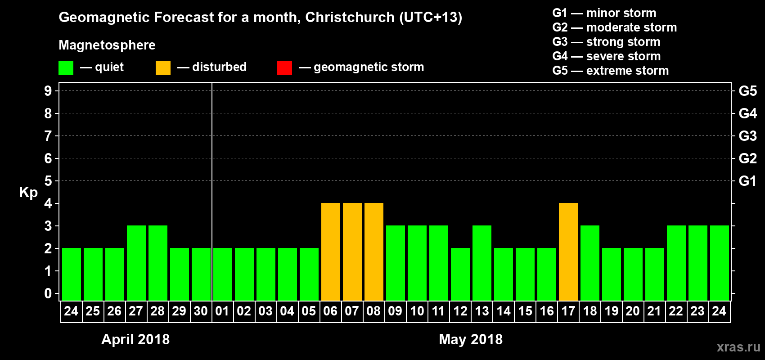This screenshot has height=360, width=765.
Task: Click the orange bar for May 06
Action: [x=331, y=252]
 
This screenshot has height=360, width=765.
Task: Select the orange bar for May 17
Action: [x=568, y=252]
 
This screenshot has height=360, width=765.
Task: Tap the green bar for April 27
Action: [x=136, y=263]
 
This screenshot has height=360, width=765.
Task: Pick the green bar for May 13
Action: [x=482, y=263]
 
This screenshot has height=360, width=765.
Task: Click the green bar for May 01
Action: [x=223, y=274]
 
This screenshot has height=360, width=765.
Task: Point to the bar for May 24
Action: [x=720, y=263]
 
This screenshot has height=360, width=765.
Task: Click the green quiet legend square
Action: [x=66, y=68]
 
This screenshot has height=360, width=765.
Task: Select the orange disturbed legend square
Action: [x=163, y=68]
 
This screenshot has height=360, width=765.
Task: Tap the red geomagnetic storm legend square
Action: [x=284, y=68]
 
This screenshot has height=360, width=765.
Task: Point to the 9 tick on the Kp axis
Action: [x=48, y=91]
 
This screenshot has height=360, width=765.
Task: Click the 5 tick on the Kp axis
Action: [x=48, y=181]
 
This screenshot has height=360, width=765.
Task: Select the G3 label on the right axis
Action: [x=747, y=136]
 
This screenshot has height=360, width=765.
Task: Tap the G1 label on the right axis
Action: [x=747, y=181]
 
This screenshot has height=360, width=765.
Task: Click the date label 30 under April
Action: [x=201, y=311]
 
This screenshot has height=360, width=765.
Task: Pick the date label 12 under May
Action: [x=460, y=311]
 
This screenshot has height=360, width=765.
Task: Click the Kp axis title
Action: [x=28, y=192]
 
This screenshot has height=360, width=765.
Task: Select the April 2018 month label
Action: [x=135, y=339]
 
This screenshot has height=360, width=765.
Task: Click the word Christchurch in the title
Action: [x=350, y=17]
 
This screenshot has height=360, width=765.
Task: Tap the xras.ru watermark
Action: [x=738, y=347]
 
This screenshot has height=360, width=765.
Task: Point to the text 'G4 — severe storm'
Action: [x=606, y=56]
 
